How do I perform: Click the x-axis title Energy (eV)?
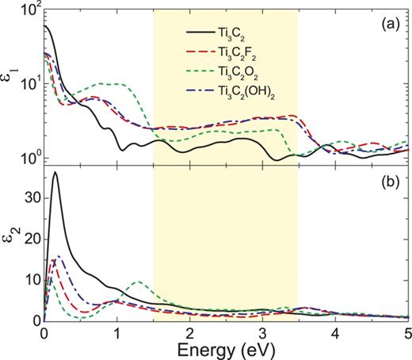click(227, 350)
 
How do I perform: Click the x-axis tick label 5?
click(407, 332)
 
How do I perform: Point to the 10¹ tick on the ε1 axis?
click(27, 84)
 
